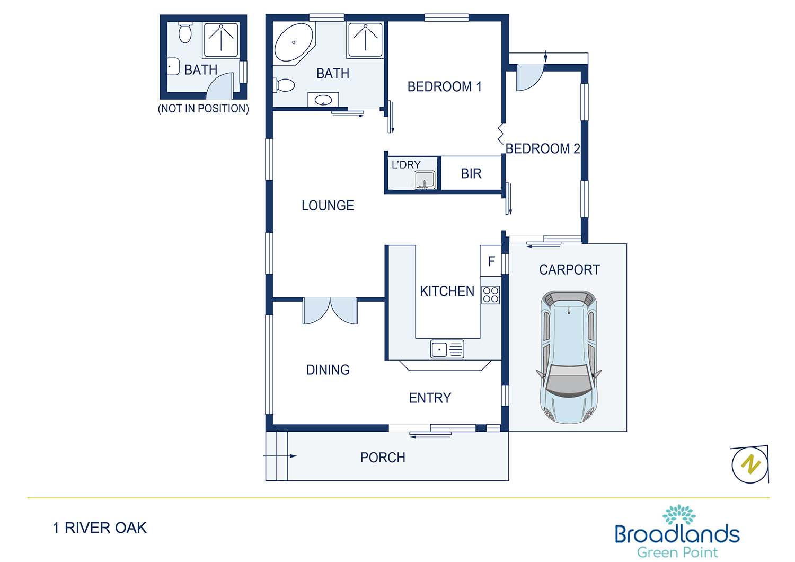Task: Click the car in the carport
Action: (569, 357)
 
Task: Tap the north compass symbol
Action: (750, 464)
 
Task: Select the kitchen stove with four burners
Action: (490, 295)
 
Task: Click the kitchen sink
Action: (447, 349)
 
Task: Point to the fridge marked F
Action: (491, 261)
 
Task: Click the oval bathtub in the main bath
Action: (294, 42)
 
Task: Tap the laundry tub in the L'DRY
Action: (425, 180)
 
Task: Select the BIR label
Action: (471, 173)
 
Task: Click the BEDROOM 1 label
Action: (444, 86)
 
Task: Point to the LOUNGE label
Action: (328, 206)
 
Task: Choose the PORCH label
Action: (383, 458)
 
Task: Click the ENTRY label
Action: (430, 398)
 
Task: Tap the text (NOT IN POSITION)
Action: (204, 108)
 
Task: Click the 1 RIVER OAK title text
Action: (100, 528)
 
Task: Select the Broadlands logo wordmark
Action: (677, 534)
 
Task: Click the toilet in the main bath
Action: (284, 85)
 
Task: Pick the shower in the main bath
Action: (366, 40)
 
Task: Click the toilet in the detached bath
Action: (185, 33)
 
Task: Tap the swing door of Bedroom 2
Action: (529, 77)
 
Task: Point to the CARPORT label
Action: (569, 270)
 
